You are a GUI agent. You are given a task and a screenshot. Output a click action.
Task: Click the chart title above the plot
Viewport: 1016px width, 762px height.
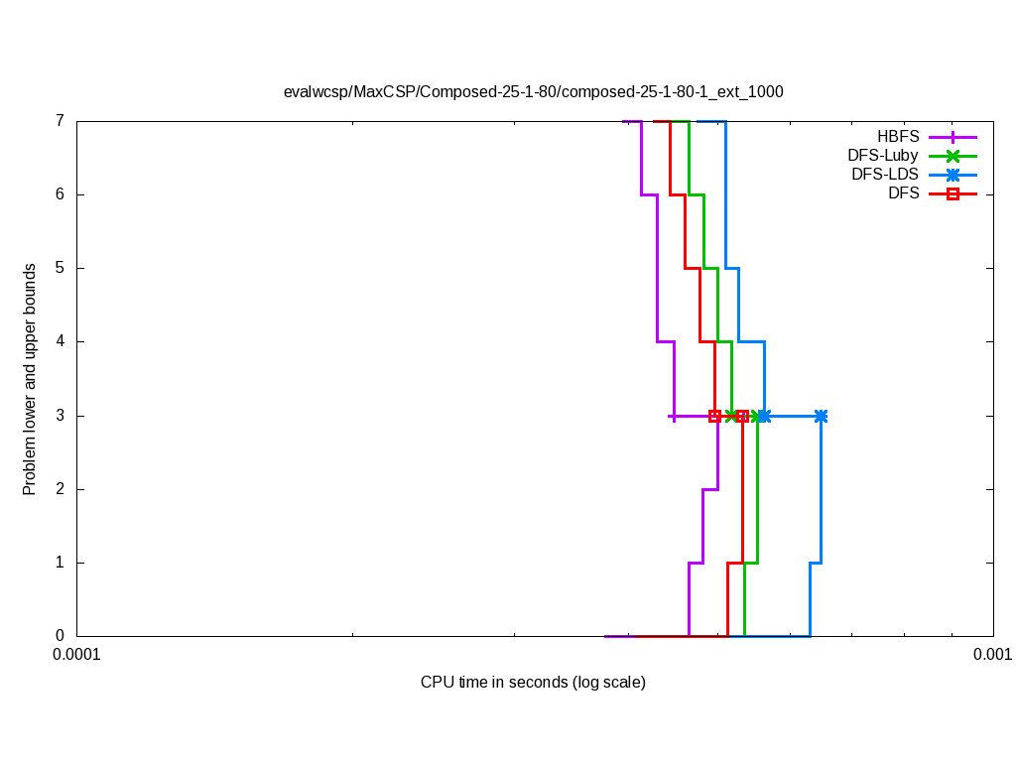[533, 91]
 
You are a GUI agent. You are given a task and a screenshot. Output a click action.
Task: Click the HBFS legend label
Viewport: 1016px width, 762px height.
[898, 137]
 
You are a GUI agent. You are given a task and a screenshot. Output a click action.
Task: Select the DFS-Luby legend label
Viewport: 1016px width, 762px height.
[883, 156]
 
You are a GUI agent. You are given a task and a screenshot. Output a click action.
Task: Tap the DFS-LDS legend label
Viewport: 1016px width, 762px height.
[885, 175]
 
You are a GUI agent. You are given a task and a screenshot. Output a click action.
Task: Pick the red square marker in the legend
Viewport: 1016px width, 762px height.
[952, 193]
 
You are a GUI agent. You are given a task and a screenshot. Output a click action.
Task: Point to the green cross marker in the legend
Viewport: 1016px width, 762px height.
[952, 156]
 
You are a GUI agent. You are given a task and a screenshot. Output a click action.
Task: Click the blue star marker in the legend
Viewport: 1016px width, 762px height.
[952, 175]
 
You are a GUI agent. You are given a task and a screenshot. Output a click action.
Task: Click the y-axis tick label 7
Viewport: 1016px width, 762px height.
[60, 121]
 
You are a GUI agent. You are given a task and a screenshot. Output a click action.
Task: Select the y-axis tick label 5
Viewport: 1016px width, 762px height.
[60, 268]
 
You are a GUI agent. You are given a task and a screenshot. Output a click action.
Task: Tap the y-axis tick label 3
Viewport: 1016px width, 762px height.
[60, 416]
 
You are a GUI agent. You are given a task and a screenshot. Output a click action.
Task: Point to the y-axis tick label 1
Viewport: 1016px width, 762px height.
[60, 563]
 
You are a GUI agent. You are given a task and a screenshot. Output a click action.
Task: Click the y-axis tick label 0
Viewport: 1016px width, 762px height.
[60, 636]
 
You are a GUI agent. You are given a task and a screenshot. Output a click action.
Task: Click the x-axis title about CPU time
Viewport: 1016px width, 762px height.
[533, 683]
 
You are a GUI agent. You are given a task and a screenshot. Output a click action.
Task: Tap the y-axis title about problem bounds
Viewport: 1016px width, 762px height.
[30, 379]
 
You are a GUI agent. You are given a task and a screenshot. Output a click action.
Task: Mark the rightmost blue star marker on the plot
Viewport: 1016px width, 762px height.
[821, 416]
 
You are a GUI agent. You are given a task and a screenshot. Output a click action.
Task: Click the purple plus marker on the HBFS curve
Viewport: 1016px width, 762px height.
[674, 416]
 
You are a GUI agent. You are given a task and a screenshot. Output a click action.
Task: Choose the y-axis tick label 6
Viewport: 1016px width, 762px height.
[60, 194]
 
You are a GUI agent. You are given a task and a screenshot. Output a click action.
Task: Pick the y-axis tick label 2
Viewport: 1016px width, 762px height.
[60, 489]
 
